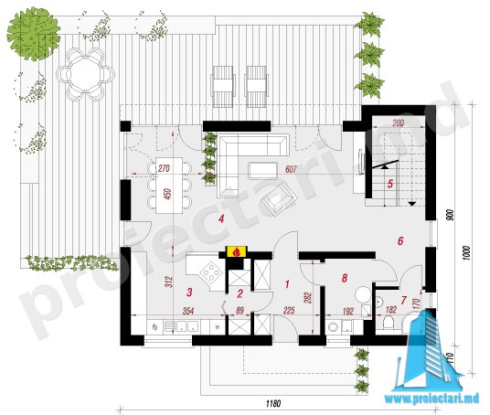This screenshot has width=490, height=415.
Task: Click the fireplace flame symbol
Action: point(237,251)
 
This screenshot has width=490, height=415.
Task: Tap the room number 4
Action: point(221,218)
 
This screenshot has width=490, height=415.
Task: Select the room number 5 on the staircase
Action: point(390,184)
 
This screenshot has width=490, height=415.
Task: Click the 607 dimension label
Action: point(291,169)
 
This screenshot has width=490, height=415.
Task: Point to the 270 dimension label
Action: point(164,169)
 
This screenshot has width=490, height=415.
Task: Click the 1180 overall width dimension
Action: point(273,403)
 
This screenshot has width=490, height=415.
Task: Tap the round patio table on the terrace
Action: point(85,74)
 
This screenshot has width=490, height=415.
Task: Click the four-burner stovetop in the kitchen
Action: point(211,273)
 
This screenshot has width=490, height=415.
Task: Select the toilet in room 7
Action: point(389,322)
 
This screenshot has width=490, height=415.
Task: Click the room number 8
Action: point(345,278)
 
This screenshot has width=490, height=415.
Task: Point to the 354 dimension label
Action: point(188,311)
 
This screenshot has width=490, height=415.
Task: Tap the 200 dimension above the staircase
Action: point(398,122)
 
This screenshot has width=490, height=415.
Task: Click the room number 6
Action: point(400,241)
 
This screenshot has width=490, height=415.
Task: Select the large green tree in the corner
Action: point(34,34)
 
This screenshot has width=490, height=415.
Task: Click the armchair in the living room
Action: point(280,198)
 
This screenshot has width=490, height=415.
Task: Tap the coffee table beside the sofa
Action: point(262,170)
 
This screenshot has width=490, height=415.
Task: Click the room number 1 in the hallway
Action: point(287,284)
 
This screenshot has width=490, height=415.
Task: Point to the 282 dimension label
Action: point(307,298)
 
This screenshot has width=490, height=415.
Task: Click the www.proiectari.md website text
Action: point(431,399)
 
